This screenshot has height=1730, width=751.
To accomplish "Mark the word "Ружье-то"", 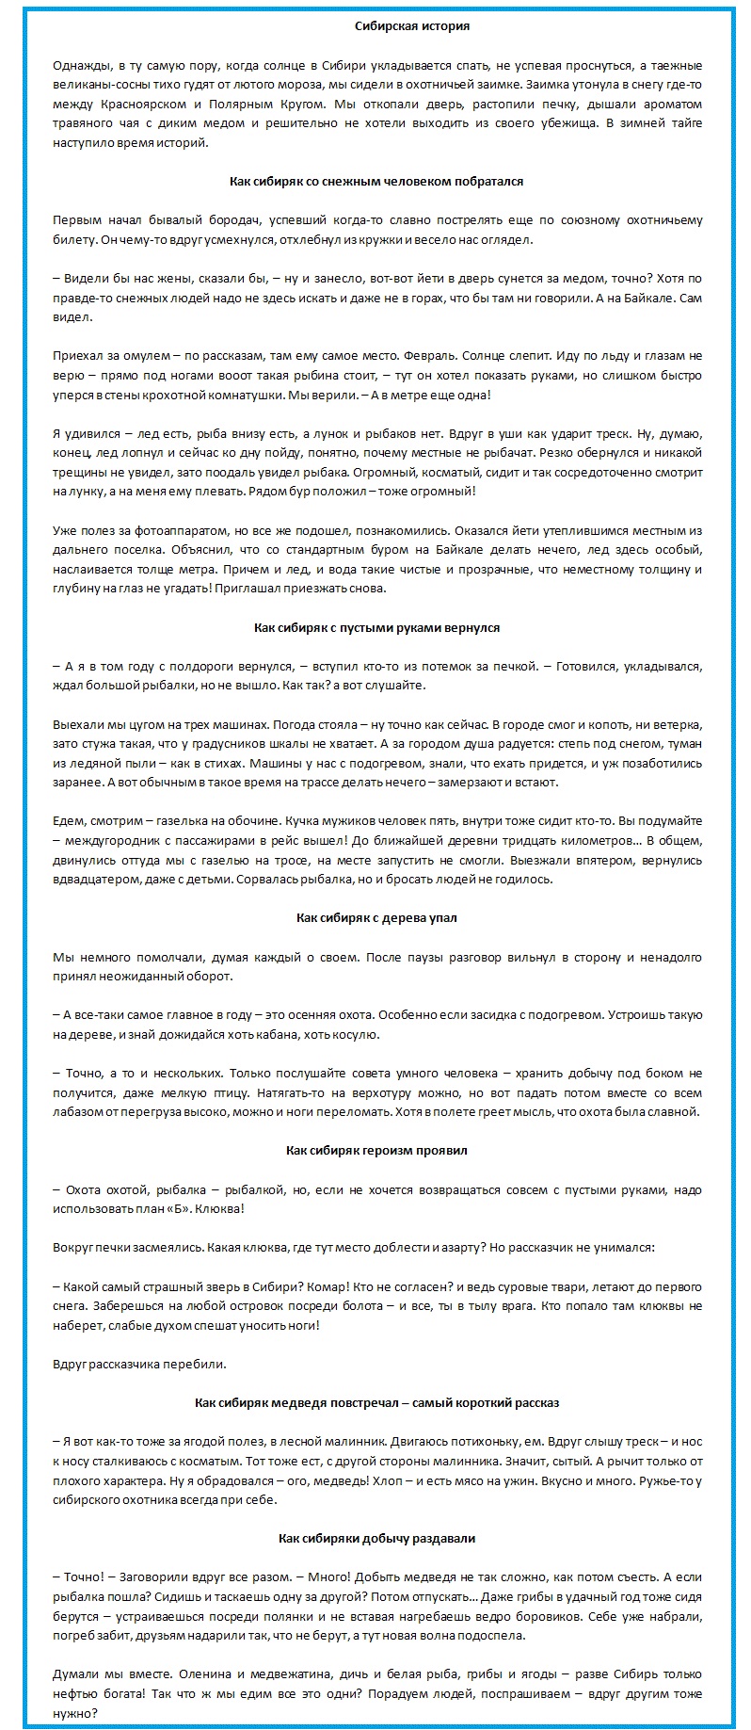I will pos(671,1480).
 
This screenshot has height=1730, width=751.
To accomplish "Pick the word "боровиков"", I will pos(668,1616).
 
